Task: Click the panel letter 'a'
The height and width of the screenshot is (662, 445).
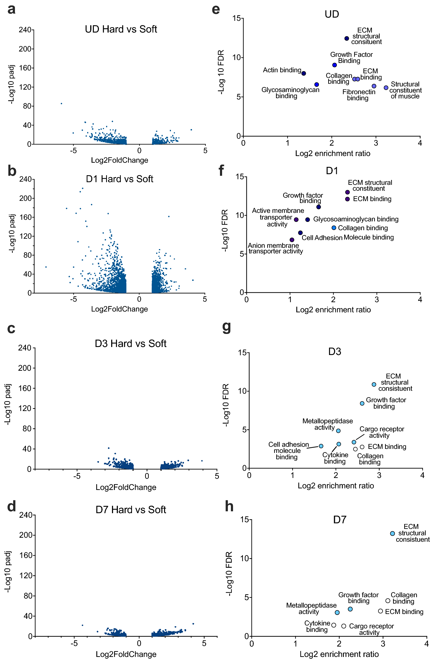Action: point(11,9)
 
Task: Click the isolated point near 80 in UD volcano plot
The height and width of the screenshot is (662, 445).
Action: point(61,103)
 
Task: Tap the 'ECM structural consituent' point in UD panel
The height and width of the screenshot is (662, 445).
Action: point(347,38)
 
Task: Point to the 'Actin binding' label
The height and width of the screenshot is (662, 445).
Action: point(282,70)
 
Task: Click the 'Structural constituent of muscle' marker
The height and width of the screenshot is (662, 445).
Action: point(386,88)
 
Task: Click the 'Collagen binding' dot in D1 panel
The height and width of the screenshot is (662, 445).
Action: point(334,228)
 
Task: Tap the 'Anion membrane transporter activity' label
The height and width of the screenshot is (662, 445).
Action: point(275,248)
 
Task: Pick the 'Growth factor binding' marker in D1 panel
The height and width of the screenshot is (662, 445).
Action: point(318,207)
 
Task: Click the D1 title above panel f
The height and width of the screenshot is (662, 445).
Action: point(332,171)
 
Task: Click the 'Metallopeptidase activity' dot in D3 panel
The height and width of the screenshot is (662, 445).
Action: point(338,431)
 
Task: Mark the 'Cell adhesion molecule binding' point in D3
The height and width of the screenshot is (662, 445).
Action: point(321,446)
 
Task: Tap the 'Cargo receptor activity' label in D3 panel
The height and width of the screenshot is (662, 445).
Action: point(382,432)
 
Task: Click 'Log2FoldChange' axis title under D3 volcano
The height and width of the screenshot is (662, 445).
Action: point(126,487)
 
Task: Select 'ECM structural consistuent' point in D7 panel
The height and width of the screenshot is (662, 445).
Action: point(392,533)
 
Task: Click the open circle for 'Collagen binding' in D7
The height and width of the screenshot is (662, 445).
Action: point(388,601)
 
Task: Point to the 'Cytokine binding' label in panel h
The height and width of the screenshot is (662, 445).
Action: point(317,626)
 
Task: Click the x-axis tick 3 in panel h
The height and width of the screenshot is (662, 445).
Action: point(383,644)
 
